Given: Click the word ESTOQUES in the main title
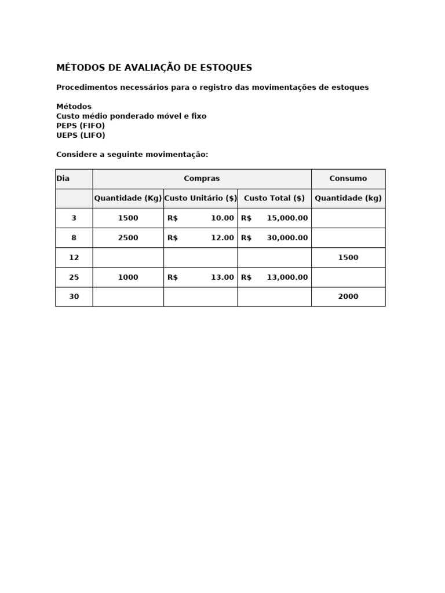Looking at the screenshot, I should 226,68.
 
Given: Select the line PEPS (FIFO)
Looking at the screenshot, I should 81,126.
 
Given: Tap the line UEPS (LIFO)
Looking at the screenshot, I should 81,136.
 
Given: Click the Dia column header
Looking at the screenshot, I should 63,178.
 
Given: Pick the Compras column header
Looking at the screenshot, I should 202,178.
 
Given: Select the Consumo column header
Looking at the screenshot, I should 348,178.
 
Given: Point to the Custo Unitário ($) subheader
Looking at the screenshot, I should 200,198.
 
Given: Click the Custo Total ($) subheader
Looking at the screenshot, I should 274,198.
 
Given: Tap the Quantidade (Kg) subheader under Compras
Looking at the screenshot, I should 128,198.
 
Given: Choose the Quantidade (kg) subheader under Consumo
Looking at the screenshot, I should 348,198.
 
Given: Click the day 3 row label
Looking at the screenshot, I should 74,218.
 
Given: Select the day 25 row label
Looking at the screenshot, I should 74,277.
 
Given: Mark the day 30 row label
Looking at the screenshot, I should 74,296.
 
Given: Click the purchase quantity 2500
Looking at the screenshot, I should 128,237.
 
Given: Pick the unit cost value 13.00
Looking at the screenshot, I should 222,277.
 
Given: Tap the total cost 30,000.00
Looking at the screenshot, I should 287,237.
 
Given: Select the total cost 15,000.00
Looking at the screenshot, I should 287,218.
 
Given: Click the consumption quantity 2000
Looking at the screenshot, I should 348,296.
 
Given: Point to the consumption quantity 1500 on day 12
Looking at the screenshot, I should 348,257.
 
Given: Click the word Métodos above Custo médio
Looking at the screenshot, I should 74,107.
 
